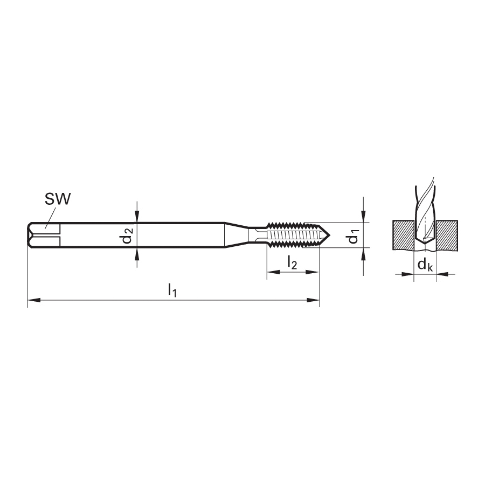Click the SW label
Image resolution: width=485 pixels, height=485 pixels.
point(58,199)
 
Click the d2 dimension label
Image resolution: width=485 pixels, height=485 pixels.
point(128,235)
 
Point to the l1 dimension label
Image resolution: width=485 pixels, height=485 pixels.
point(172,290)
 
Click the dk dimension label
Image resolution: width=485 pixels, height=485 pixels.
point(425,265)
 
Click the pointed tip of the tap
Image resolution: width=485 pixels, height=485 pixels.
point(330,235)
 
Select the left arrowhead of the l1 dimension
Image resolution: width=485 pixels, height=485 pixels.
point(34,300)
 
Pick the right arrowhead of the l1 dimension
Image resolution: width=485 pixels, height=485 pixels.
point(313,300)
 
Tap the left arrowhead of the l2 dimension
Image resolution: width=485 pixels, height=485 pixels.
point(273,272)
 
